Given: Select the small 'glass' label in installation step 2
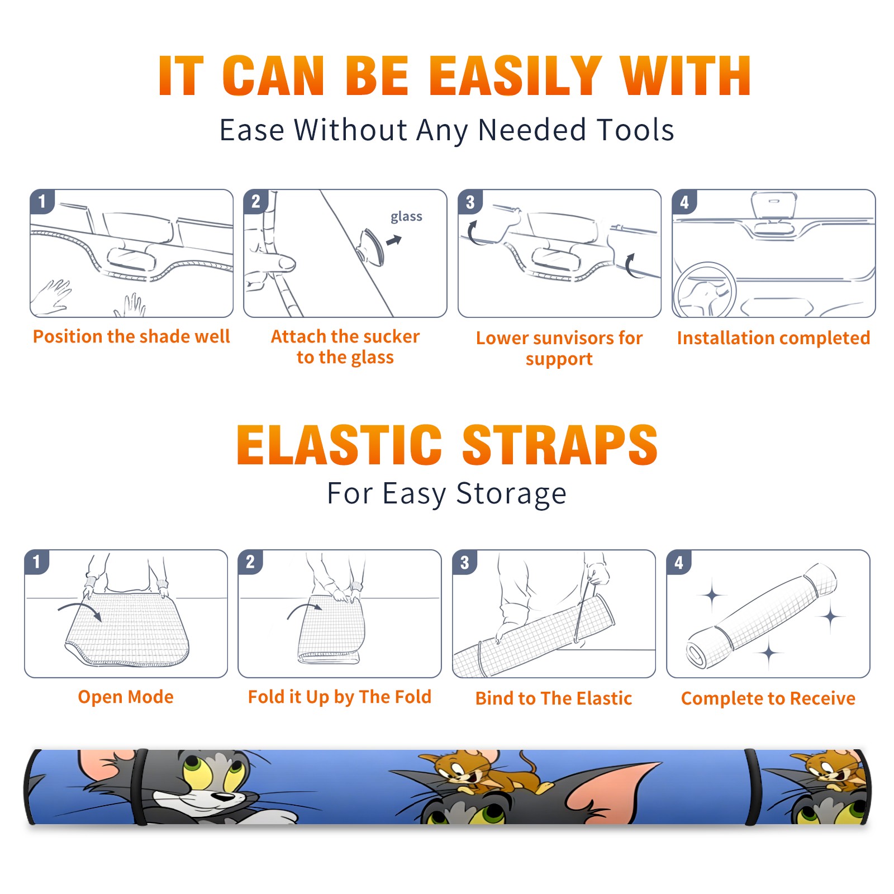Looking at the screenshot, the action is [406, 216].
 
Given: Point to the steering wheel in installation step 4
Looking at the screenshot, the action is [705, 290].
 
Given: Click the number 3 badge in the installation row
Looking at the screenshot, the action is [470, 202].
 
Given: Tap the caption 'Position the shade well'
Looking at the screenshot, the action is [131, 336].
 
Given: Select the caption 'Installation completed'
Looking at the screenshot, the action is [773, 338].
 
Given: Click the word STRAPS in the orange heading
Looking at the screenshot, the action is [560, 445].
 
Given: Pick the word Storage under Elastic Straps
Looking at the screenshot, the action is [511, 494].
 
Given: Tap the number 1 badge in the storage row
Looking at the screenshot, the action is [37, 562].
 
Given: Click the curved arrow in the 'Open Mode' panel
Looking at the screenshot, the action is [80, 609].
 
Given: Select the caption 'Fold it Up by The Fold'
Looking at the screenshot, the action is [340, 697].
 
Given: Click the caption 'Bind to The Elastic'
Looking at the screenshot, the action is [554, 698].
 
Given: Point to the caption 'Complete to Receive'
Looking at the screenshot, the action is [768, 698].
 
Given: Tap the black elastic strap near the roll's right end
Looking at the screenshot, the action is [753, 787].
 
